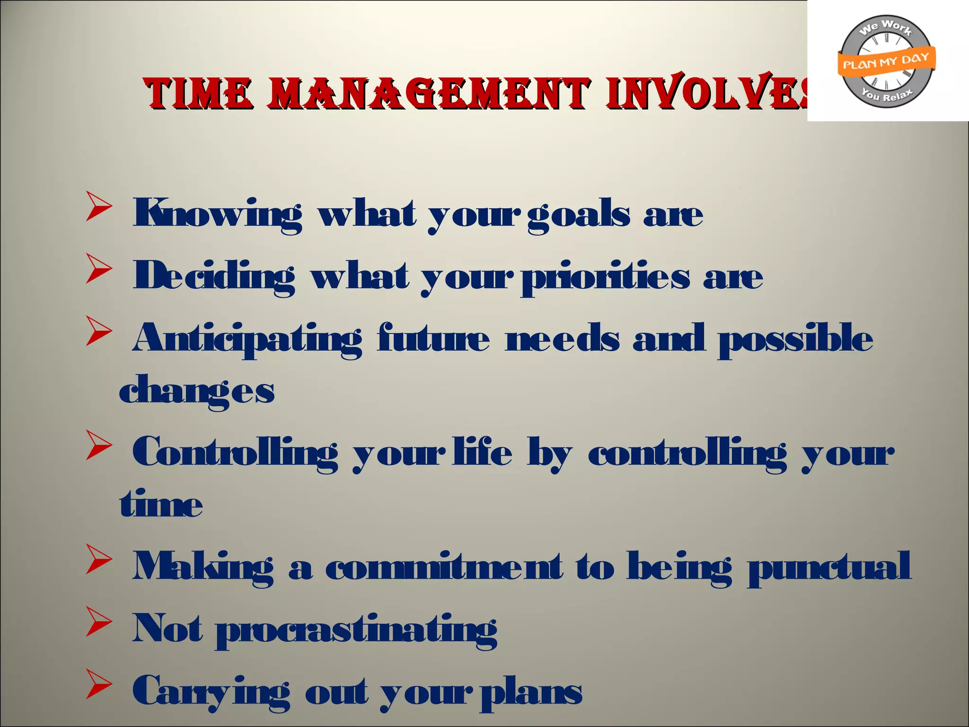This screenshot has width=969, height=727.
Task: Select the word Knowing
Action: [217, 214]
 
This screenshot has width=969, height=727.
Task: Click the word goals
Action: [579, 214]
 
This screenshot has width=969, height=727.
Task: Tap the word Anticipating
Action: [247, 339]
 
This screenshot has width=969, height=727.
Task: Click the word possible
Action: [795, 339]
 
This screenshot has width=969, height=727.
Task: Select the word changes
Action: [197, 391]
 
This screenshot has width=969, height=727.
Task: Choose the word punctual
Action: [829, 567]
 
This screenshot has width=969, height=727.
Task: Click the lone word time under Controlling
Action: [161, 504]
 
